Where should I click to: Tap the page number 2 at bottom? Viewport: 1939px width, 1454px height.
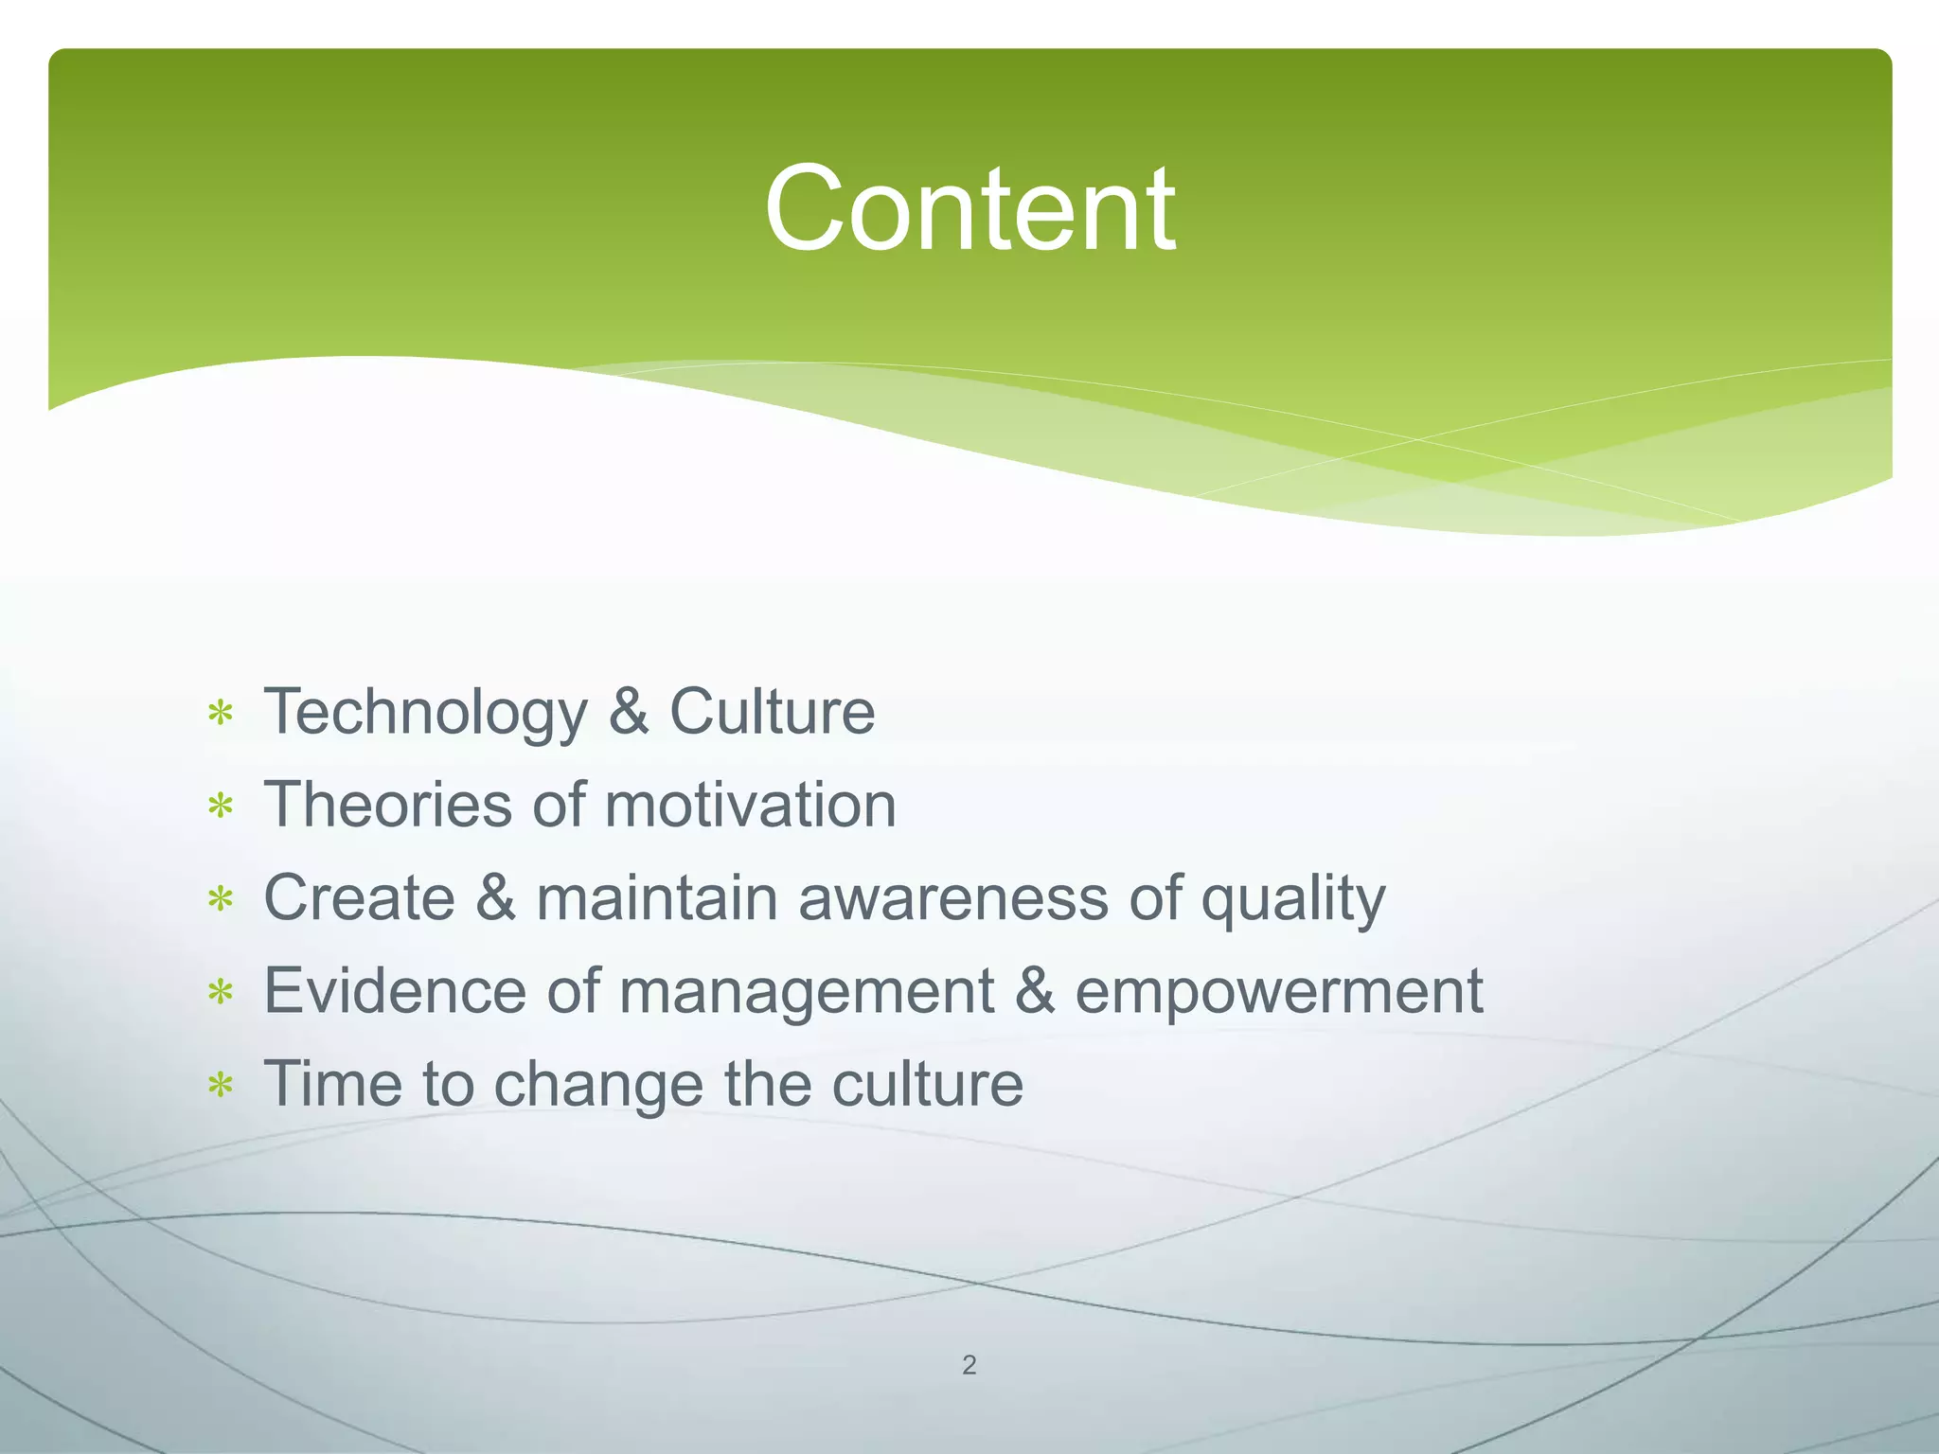point(969,1365)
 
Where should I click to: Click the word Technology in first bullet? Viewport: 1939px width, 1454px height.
point(425,713)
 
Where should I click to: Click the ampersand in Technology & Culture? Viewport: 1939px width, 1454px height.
point(629,712)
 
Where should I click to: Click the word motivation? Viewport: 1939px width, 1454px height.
point(750,805)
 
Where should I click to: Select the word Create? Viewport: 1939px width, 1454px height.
point(359,897)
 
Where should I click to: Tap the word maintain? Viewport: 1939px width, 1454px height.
point(656,897)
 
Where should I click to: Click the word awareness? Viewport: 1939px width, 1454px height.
point(952,897)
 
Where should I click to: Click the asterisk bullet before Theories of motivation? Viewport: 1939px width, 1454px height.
point(221,807)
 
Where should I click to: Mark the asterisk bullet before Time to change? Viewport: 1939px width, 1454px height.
point(221,1085)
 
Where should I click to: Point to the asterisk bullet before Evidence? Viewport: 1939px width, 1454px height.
point(221,992)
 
